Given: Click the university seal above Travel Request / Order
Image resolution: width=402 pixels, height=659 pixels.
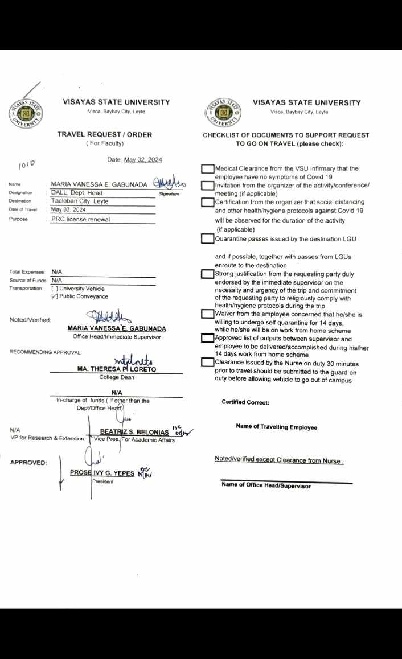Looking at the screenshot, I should coord(26,113).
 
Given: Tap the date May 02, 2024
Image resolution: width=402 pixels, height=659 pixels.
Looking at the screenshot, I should coord(143,160).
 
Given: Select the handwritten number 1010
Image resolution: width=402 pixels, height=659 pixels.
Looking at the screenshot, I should coord(27,164).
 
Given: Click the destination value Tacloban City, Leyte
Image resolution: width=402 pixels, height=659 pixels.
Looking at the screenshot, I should coord(80,201).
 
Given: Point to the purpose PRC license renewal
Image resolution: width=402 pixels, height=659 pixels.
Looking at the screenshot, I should coord(80,219).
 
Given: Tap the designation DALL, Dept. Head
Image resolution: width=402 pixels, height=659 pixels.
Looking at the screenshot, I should coord(76,193).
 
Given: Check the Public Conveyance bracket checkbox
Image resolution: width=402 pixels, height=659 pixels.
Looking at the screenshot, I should coord(55,296).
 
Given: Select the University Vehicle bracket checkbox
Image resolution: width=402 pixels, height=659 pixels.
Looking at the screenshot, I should coord(55,289).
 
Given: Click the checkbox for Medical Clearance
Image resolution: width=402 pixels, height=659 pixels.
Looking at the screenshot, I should coord(207,168).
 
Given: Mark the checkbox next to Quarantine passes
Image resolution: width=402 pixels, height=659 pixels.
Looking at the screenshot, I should coord(207,239).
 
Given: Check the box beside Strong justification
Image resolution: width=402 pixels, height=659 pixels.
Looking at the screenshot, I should coord(207,274).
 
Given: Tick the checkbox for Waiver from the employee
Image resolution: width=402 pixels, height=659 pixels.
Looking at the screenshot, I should coord(207,314).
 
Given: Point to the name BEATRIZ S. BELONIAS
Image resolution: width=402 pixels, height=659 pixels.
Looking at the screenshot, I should coord(134,432).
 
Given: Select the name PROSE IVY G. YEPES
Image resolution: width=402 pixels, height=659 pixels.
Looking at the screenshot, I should coord(102,472).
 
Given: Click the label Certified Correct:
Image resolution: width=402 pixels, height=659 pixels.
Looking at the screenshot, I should coord(245,402).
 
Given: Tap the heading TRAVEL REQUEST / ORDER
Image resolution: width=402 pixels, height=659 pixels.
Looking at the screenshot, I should coord(105,134).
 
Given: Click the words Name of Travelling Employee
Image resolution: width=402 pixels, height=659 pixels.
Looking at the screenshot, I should coord(276,427).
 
